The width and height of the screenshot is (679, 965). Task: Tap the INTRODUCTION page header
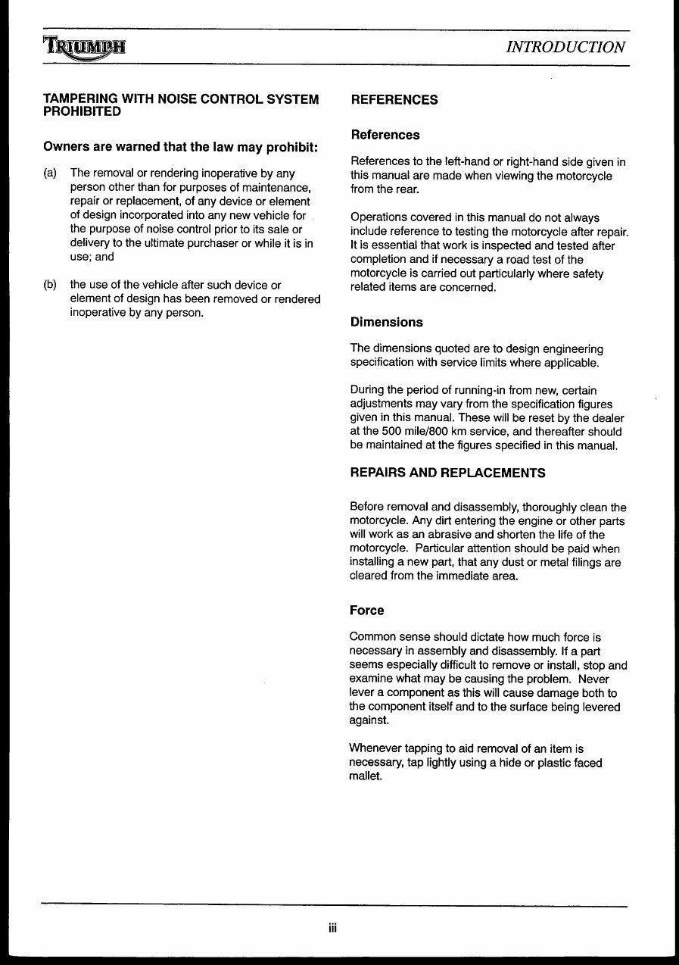tap(565, 47)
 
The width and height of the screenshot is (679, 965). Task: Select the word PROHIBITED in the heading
tap(82, 112)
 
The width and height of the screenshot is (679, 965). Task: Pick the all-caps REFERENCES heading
tap(394, 100)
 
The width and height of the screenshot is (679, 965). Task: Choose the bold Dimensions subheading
tap(386, 322)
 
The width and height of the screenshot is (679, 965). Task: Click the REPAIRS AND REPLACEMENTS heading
tap(447, 473)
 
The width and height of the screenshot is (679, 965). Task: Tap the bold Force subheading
tap(366, 610)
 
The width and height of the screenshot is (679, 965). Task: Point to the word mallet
tap(366, 776)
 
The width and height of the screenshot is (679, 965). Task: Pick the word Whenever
tap(376, 748)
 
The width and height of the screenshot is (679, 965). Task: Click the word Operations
tap(380, 218)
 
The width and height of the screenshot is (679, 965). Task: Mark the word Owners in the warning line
tap(66, 146)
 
